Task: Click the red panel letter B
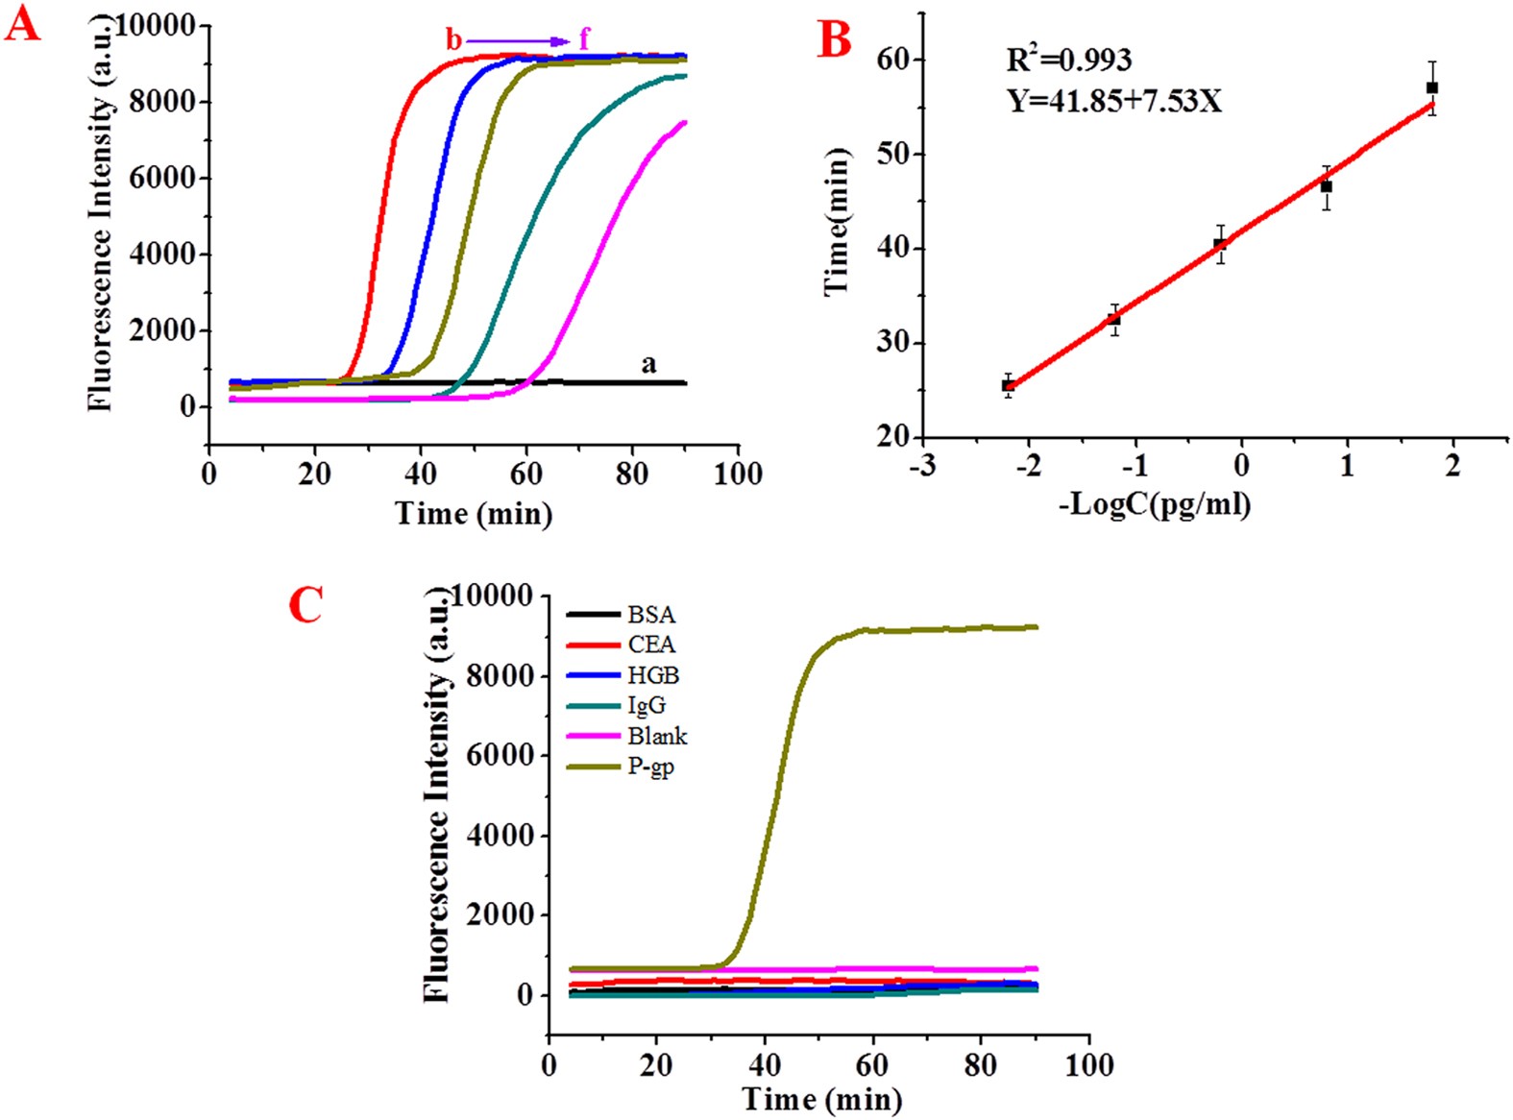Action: click(x=834, y=41)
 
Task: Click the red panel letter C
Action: click(x=305, y=606)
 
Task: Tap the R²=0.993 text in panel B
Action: click(x=1068, y=61)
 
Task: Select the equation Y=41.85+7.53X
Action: click(x=1114, y=100)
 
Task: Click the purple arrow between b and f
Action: click(x=518, y=41)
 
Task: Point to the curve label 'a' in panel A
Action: click(x=648, y=364)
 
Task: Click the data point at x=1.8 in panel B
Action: click(x=1432, y=87)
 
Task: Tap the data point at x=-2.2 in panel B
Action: click(x=1008, y=385)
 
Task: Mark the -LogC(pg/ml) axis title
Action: click(x=1155, y=503)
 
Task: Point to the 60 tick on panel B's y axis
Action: click(x=892, y=60)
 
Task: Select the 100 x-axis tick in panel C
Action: click(x=1089, y=1064)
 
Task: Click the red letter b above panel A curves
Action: click(x=453, y=40)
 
